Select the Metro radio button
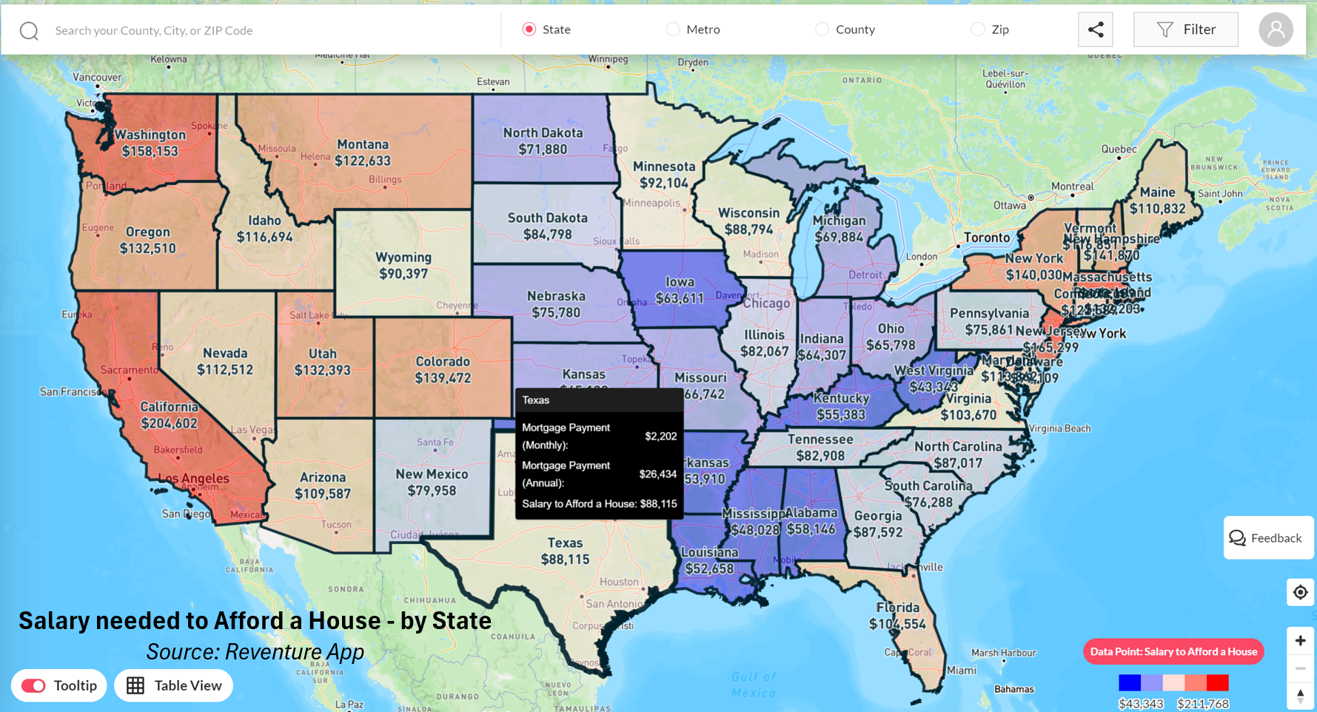(673, 30)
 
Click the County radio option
(822, 30)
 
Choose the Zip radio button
(978, 30)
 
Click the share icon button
(1096, 30)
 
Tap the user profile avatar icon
(1276, 30)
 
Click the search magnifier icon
(29, 31)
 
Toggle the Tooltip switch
(34, 685)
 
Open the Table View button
(174, 685)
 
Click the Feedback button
(1267, 538)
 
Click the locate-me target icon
(1300, 592)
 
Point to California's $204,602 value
(170, 423)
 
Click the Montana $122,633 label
(363, 161)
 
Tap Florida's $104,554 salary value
(897, 624)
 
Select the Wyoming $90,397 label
(403, 274)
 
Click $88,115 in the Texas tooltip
(658, 504)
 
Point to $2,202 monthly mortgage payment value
(660, 436)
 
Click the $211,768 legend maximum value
(1202, 704)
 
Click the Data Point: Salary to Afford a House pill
(1173, 651)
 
